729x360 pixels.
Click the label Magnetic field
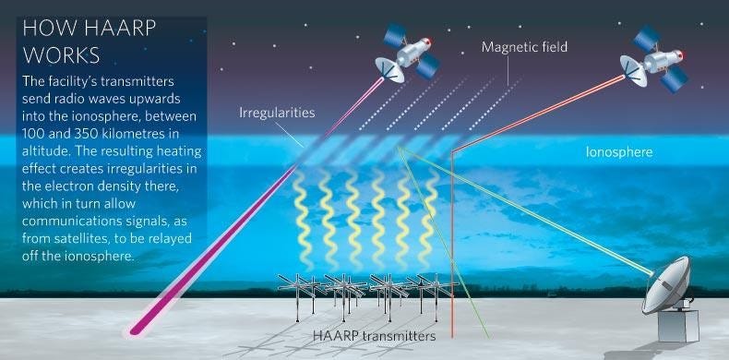[524, 46]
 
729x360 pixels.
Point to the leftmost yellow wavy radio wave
[302, 222]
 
